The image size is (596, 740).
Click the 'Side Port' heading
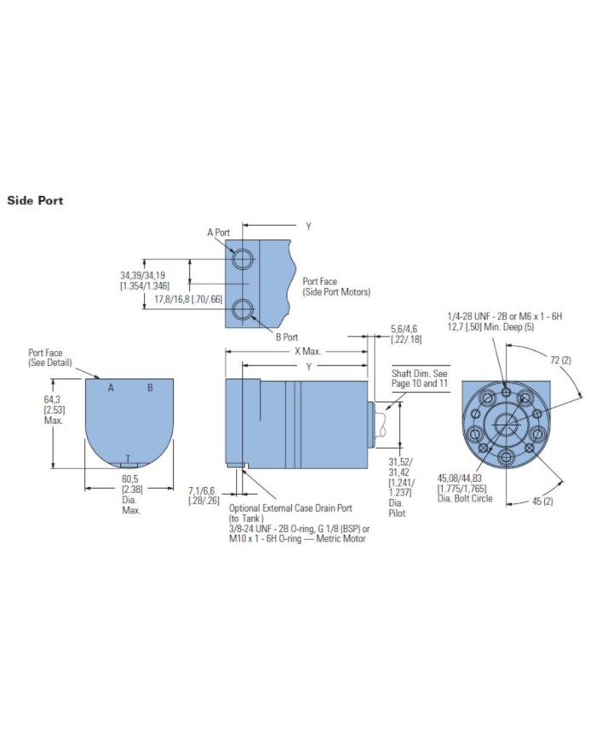click(35, 201)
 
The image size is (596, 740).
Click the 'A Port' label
click(219, 232)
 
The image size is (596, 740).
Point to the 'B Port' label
click(287, 337)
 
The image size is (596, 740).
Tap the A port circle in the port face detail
click(243, 259)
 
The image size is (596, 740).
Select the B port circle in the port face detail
click(243, 309)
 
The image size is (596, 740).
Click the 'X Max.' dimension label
click(307, 351)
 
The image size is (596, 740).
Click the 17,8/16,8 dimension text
click(188, 299)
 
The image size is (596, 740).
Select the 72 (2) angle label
click(560, 360)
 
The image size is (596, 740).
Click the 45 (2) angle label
click(542, 501)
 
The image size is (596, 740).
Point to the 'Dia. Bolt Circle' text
click(465, 498)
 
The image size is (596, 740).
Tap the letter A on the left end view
click(111, 388)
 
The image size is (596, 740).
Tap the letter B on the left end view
click(150, 388)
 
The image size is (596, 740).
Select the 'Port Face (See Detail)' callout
click(50, 358)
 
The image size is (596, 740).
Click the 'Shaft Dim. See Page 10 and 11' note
click(420, 378)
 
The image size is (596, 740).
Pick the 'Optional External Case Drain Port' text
click(290, 508)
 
